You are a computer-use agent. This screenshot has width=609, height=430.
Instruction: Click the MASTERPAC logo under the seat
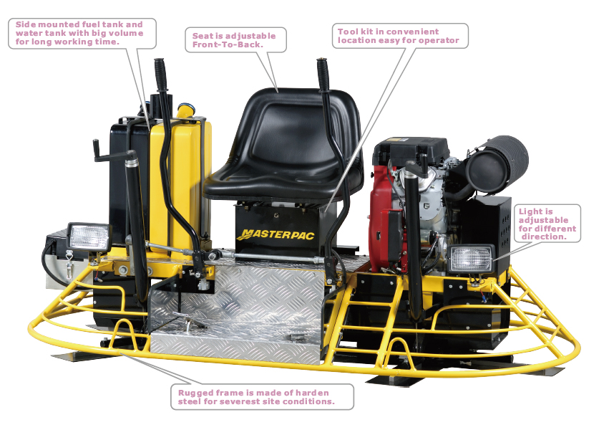coord(276,234)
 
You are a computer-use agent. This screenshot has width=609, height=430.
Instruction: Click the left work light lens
coord(89,236)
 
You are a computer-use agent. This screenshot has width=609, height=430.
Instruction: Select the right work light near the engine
coord(471,259)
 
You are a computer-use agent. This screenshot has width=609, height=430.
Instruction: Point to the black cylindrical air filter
coord(497,164)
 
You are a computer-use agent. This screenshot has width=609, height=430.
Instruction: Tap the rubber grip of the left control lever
coord(160,75)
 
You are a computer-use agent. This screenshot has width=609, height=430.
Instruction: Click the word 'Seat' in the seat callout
coord(202,36)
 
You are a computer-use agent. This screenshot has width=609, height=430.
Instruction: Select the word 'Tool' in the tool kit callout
coord(346,32)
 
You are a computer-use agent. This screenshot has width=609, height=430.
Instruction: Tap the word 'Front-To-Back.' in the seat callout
coord(228,44)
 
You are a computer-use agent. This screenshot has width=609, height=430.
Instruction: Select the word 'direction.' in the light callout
coord(544,236)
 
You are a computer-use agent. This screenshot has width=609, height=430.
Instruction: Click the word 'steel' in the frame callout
coord(189,401)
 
